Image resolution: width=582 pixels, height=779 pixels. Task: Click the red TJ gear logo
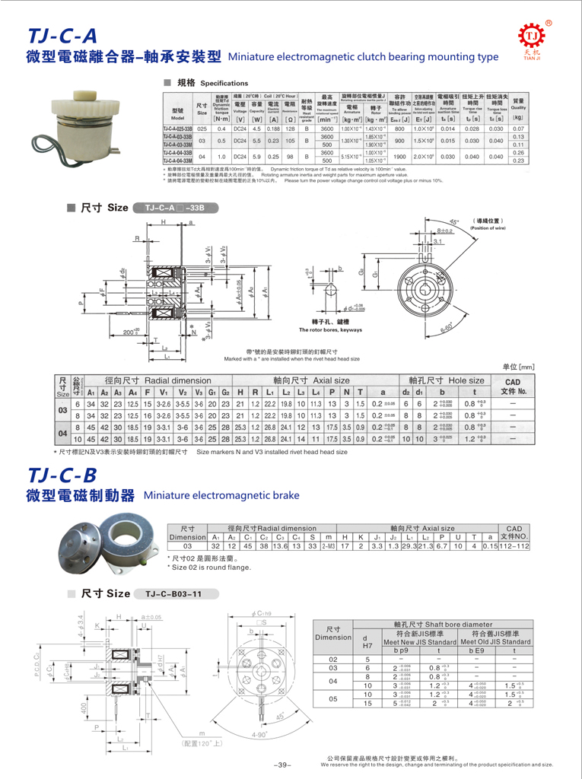coord(533,37)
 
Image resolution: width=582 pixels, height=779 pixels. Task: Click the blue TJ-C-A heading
coord(61,36)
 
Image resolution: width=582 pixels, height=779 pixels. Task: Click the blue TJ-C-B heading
coord(61,475)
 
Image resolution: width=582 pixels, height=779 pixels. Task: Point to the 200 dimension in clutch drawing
coord(132,332)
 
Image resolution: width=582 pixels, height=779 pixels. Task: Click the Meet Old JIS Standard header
coord(495,642)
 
